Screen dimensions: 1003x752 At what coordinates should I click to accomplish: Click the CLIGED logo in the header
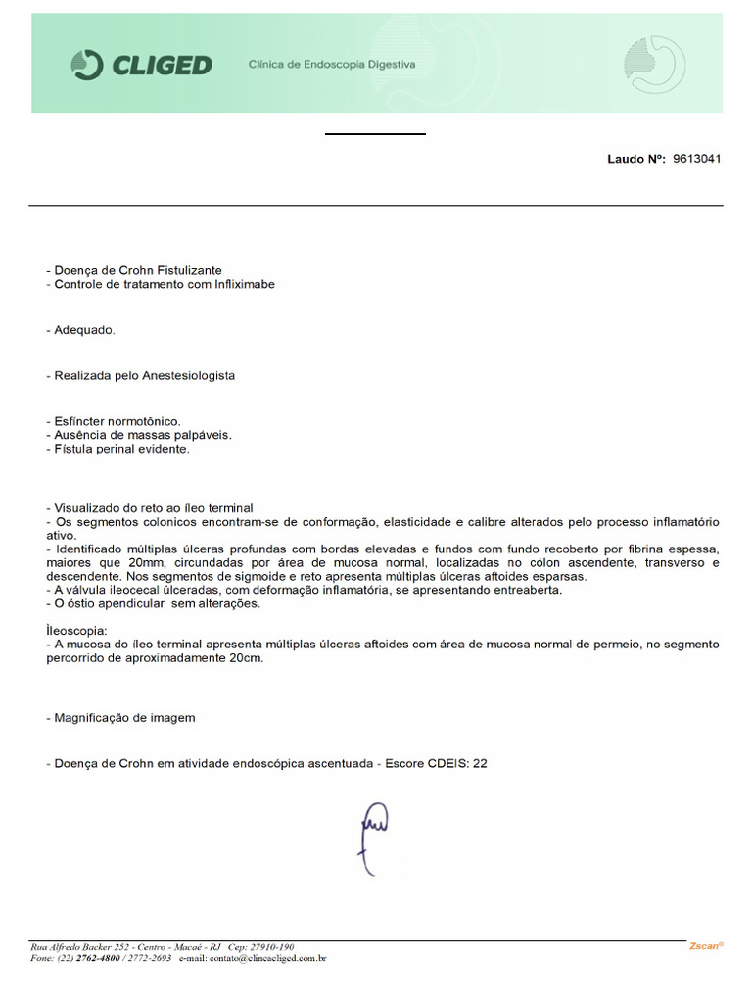(142, 66)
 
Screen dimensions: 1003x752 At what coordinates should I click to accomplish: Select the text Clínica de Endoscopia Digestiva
(332, 65)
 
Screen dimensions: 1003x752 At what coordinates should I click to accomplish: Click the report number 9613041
(697, 158)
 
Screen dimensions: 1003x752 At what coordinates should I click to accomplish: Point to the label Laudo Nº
(636, 158)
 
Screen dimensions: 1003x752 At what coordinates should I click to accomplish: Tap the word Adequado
(82, 330)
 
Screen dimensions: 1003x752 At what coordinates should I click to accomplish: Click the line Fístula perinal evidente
(119, 449)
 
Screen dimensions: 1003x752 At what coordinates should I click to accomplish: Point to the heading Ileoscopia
(75, 631)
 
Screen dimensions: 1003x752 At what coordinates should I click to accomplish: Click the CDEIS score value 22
(479, 764)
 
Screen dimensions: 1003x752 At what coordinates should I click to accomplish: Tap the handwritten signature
(375, 835)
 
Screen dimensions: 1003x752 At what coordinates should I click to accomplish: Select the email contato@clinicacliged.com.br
(266, 959)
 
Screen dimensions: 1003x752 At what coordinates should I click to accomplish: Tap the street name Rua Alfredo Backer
(69, 947)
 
